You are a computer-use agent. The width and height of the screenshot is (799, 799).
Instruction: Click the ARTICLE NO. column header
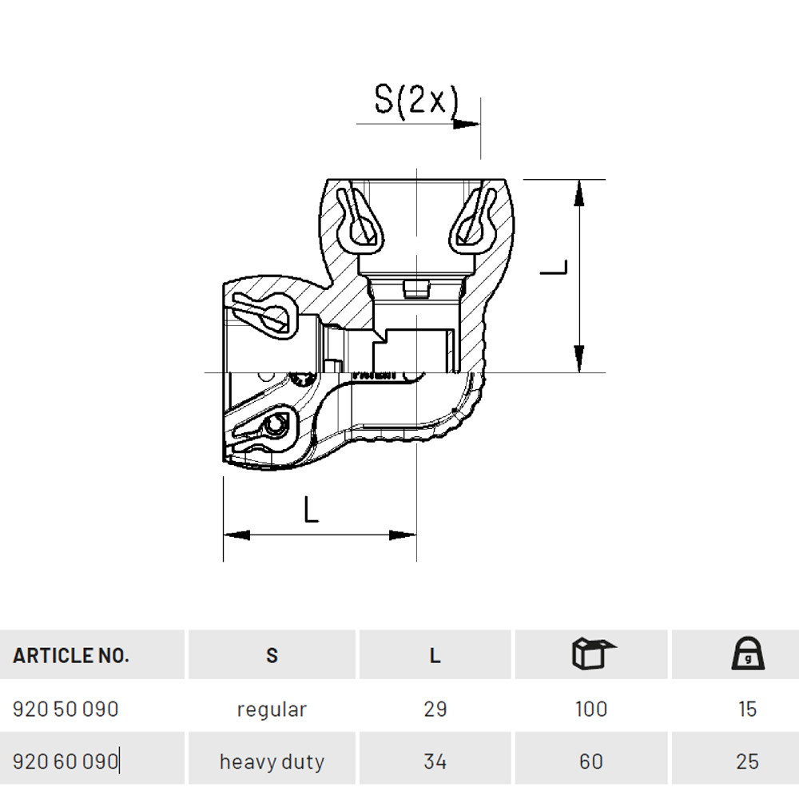pyautogui.click(x=71, y=655)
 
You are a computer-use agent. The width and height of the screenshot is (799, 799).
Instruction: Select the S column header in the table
pyautogui.click(x=272, y=655)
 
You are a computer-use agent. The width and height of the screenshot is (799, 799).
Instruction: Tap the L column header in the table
pyautogui.click(x=435, y=655)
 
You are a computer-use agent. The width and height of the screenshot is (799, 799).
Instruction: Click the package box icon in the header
pyautogui.click(x=593, y=653)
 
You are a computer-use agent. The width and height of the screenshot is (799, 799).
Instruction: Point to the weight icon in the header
pyautogui.click(x=748, y=653)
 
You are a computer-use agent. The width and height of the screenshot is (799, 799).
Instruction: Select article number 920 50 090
pyautogui.click(x=66, y=710)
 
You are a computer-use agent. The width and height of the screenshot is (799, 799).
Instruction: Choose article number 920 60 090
pyautogui.click(x=66, y=761)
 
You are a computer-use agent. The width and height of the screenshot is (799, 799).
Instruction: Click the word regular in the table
pyautogui.click(x=272, y=710)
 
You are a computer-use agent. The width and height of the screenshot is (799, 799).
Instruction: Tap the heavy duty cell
pyautogui.click(x=272, y=762)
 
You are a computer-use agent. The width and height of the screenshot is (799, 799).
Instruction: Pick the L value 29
pyautogui.click(x=435, y=710)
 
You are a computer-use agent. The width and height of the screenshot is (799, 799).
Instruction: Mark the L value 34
pyautogui.click(x=435, y=761)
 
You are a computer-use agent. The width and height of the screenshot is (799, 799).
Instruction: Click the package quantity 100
pyautogui.click(x=591, y=710)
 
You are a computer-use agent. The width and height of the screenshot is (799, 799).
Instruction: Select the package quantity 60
pyautogui.click(x=591, y=761)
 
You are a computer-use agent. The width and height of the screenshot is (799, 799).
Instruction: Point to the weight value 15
pyautogui.click(x=748, y=710)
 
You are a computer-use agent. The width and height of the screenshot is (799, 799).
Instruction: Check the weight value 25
pyautogui.click(x=748, y=761)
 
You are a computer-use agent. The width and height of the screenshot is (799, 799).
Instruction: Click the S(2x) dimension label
pyautogui.click(x=416, y=101)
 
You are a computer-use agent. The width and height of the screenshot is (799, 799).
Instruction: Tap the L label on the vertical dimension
pyautogui.click(x=554, y=267)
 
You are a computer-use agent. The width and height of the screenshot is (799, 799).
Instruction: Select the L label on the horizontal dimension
pyautogui.click(x=311, y=510)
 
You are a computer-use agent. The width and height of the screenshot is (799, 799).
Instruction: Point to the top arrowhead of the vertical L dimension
pyautogui.click(x=578, y=193)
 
